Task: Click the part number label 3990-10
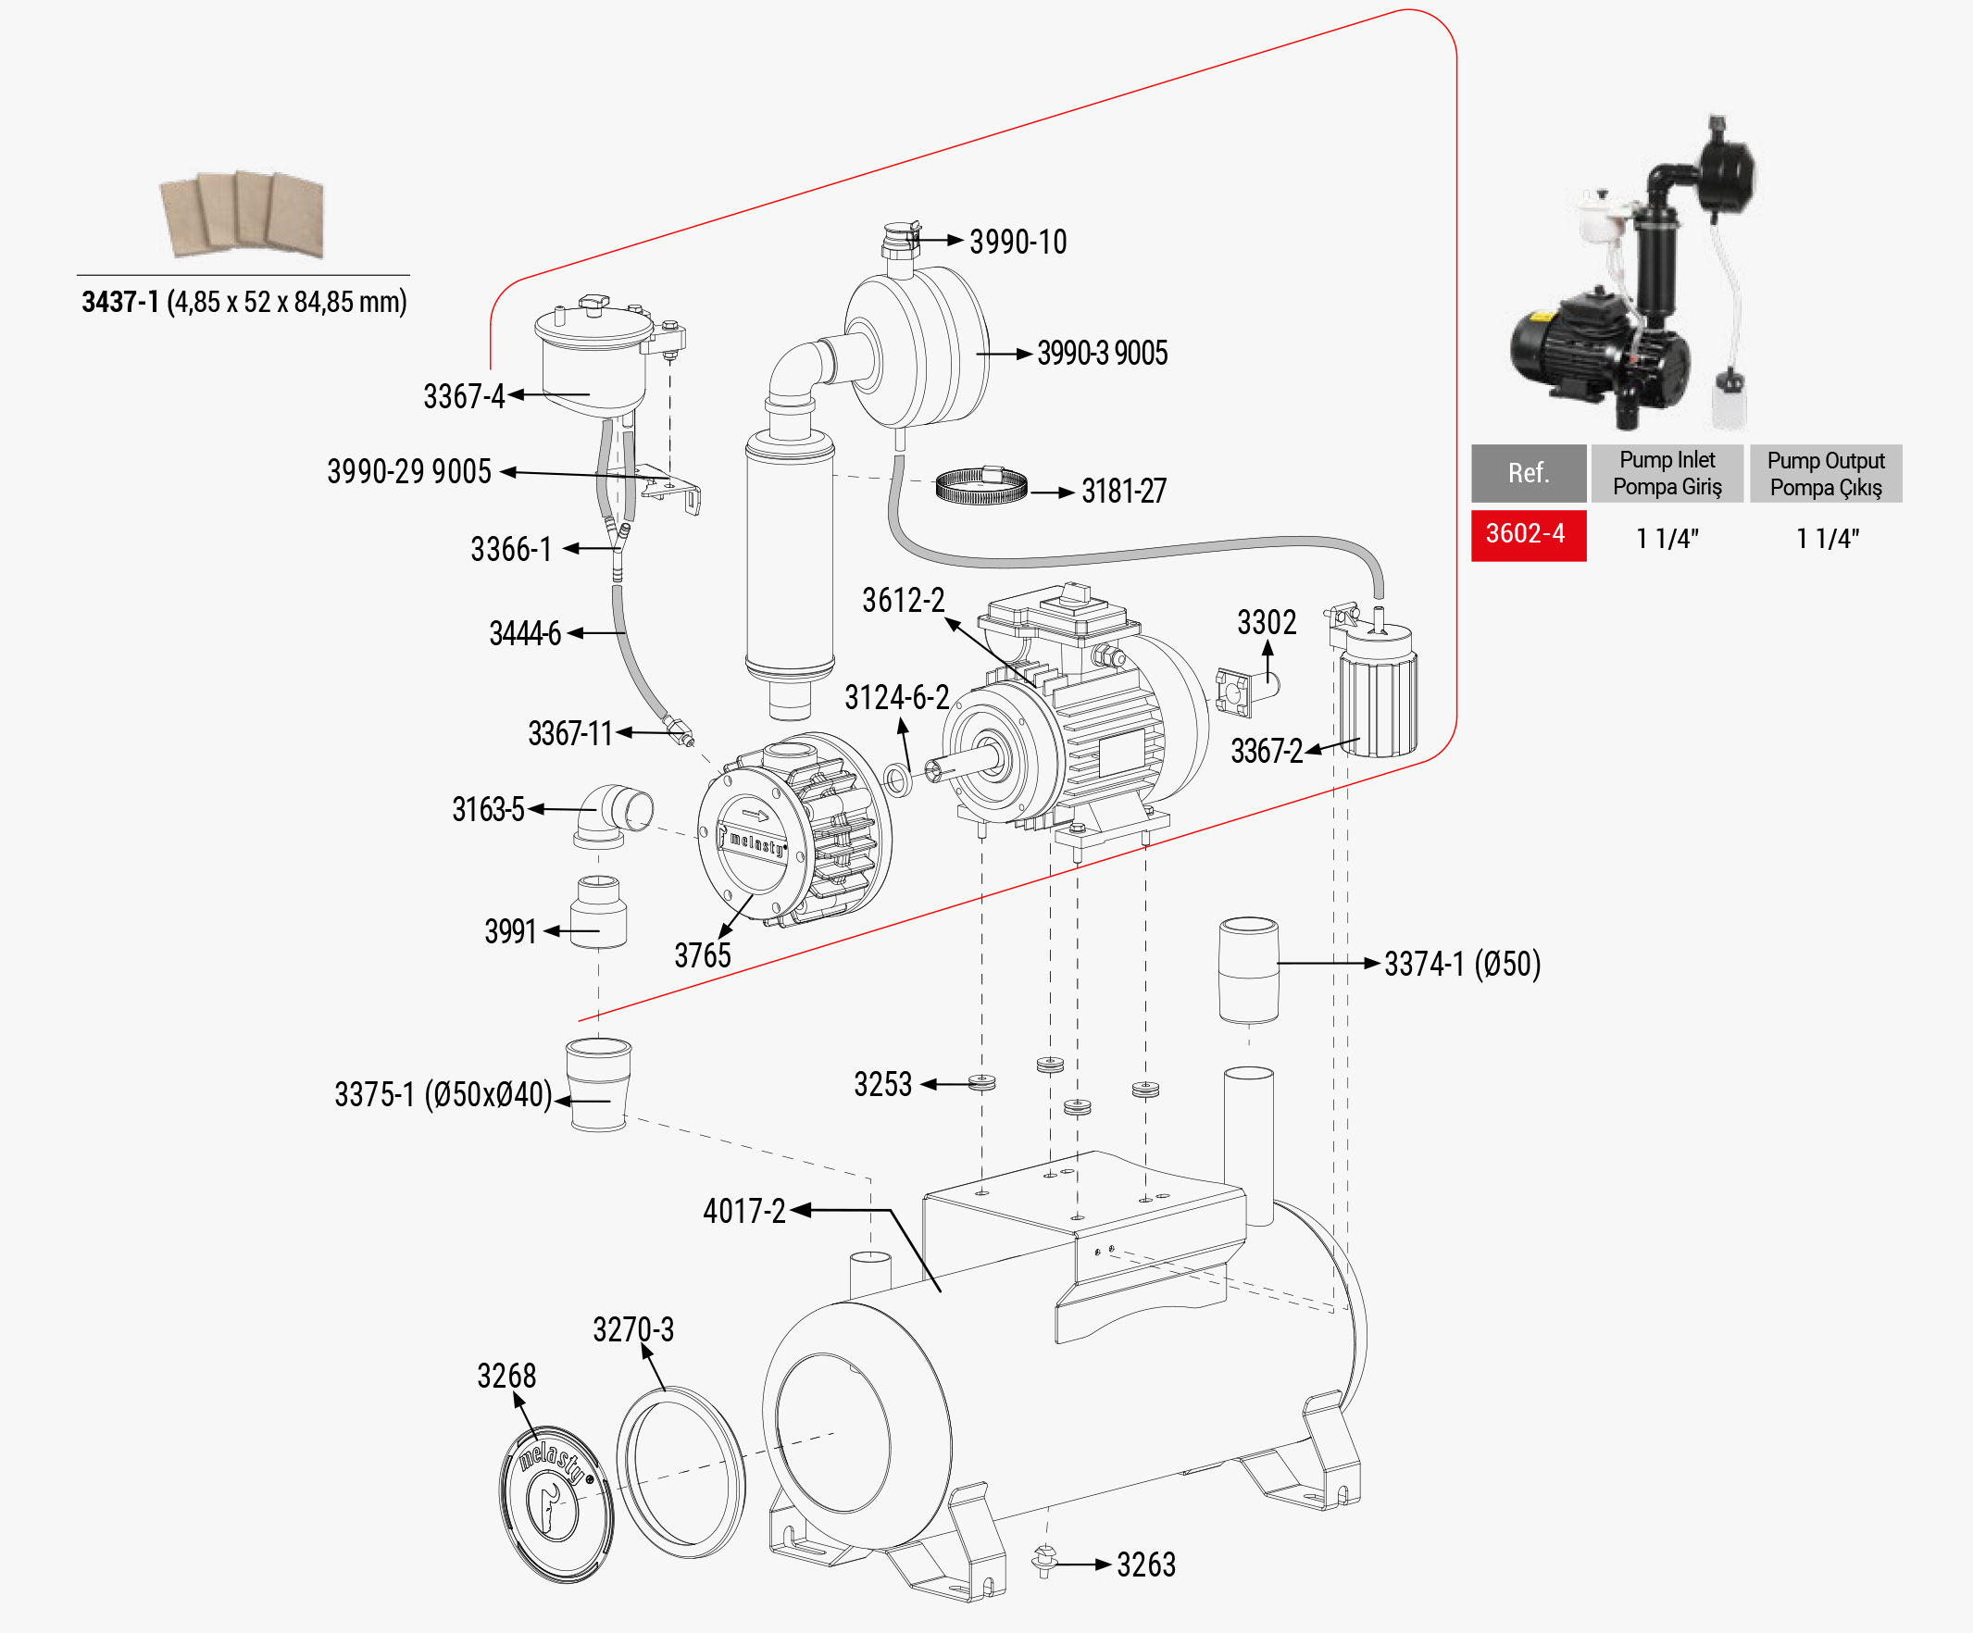coord(1018,243)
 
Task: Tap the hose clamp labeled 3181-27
coord(980,486)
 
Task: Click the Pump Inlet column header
coord(1667,473)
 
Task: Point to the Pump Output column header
coord(1825,473)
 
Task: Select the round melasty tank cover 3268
coord(556,1503)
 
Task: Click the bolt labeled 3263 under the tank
coord(1043,1561)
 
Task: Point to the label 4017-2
coord(744,1212)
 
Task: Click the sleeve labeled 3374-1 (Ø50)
coord(1248,969)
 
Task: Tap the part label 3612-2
coord(903,601)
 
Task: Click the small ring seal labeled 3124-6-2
coord(897,779)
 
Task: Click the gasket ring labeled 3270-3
coord(681,1471)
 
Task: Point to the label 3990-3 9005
coord(1102,355)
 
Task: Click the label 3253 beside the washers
coord(882,1084)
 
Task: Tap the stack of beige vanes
coord(244,214)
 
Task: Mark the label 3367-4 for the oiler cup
coord(464,396)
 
